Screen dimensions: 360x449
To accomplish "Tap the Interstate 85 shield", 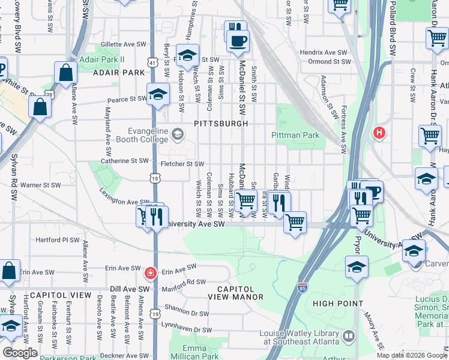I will coord(303,287).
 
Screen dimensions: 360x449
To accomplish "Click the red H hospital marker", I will coord(379,132).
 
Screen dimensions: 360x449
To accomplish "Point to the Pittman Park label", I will coord(295,135).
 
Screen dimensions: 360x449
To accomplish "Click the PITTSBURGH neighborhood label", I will coord(221,124).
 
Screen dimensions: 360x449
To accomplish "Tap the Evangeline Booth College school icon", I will coord(178,133).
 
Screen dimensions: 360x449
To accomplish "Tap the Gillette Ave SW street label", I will coord(124,44).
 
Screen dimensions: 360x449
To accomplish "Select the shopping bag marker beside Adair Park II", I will coord(65,73).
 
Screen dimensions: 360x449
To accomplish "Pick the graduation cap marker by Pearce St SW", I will coord(158,94).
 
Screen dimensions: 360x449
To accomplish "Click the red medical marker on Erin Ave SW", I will coord(150,274).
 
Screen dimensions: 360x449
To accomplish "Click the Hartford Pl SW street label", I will coord(58,239).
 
